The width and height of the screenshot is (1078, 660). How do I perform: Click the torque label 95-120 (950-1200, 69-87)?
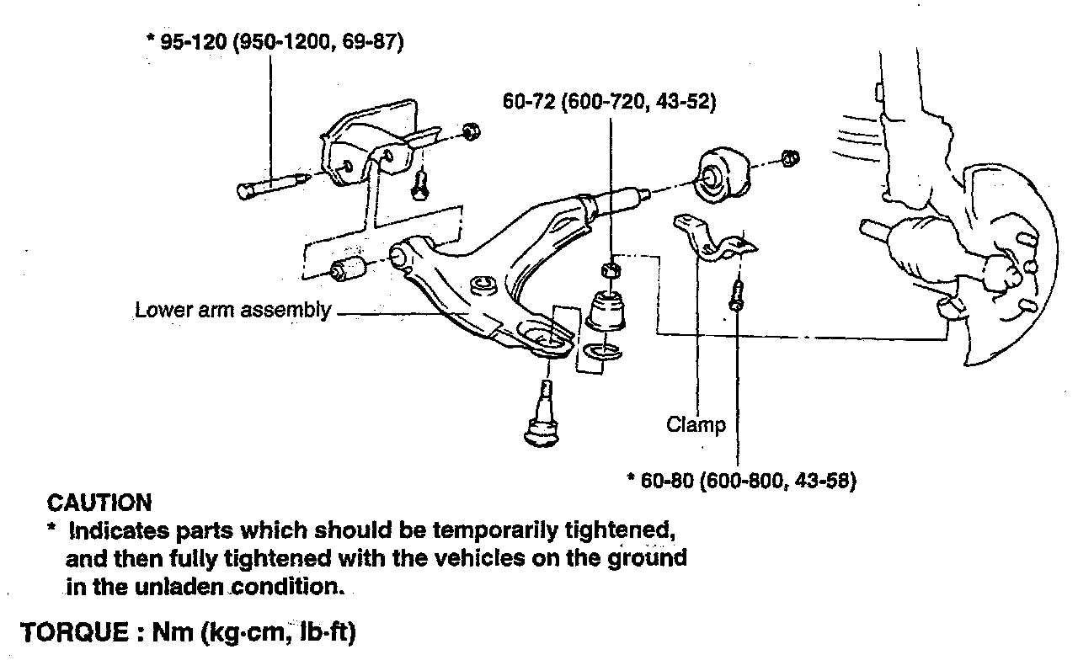click(275, 42)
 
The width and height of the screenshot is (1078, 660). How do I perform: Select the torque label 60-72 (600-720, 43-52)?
click(609, 102)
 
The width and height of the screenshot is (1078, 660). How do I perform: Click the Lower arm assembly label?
click(233, 310)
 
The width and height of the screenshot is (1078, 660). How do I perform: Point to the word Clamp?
click(696, 424)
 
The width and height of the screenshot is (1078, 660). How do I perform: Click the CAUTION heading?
click(99, 503)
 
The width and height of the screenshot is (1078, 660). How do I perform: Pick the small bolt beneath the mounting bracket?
click(419, 183)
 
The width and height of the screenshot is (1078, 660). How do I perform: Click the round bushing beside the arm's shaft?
click(719, 173)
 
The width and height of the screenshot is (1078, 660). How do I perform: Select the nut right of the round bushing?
click(790, 157)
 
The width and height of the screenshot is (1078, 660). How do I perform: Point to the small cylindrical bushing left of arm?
click(347, 270)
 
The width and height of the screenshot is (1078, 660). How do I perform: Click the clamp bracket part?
click(714, 241)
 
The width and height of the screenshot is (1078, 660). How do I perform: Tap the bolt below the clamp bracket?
click(737, 295)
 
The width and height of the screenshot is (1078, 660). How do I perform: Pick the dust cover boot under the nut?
click(608, 311)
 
